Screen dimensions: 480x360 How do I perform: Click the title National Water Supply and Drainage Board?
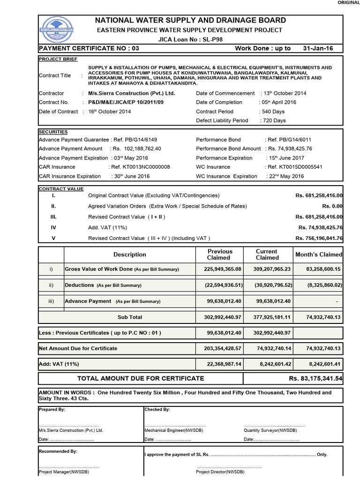(190, 20)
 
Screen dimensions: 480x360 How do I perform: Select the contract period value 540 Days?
(273, 112)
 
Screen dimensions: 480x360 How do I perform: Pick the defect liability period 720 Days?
(274, 120)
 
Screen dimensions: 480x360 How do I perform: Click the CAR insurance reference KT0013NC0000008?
(140, 167)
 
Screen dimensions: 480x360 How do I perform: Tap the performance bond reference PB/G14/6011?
(289, 140)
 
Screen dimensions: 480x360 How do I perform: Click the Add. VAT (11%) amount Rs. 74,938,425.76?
(320, 227)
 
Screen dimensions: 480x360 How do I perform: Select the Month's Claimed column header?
(318, 255)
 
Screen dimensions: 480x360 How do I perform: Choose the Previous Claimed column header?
(219, 255)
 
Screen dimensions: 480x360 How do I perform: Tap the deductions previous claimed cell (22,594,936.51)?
(218, 285)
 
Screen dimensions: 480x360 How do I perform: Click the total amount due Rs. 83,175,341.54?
(315, 378)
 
